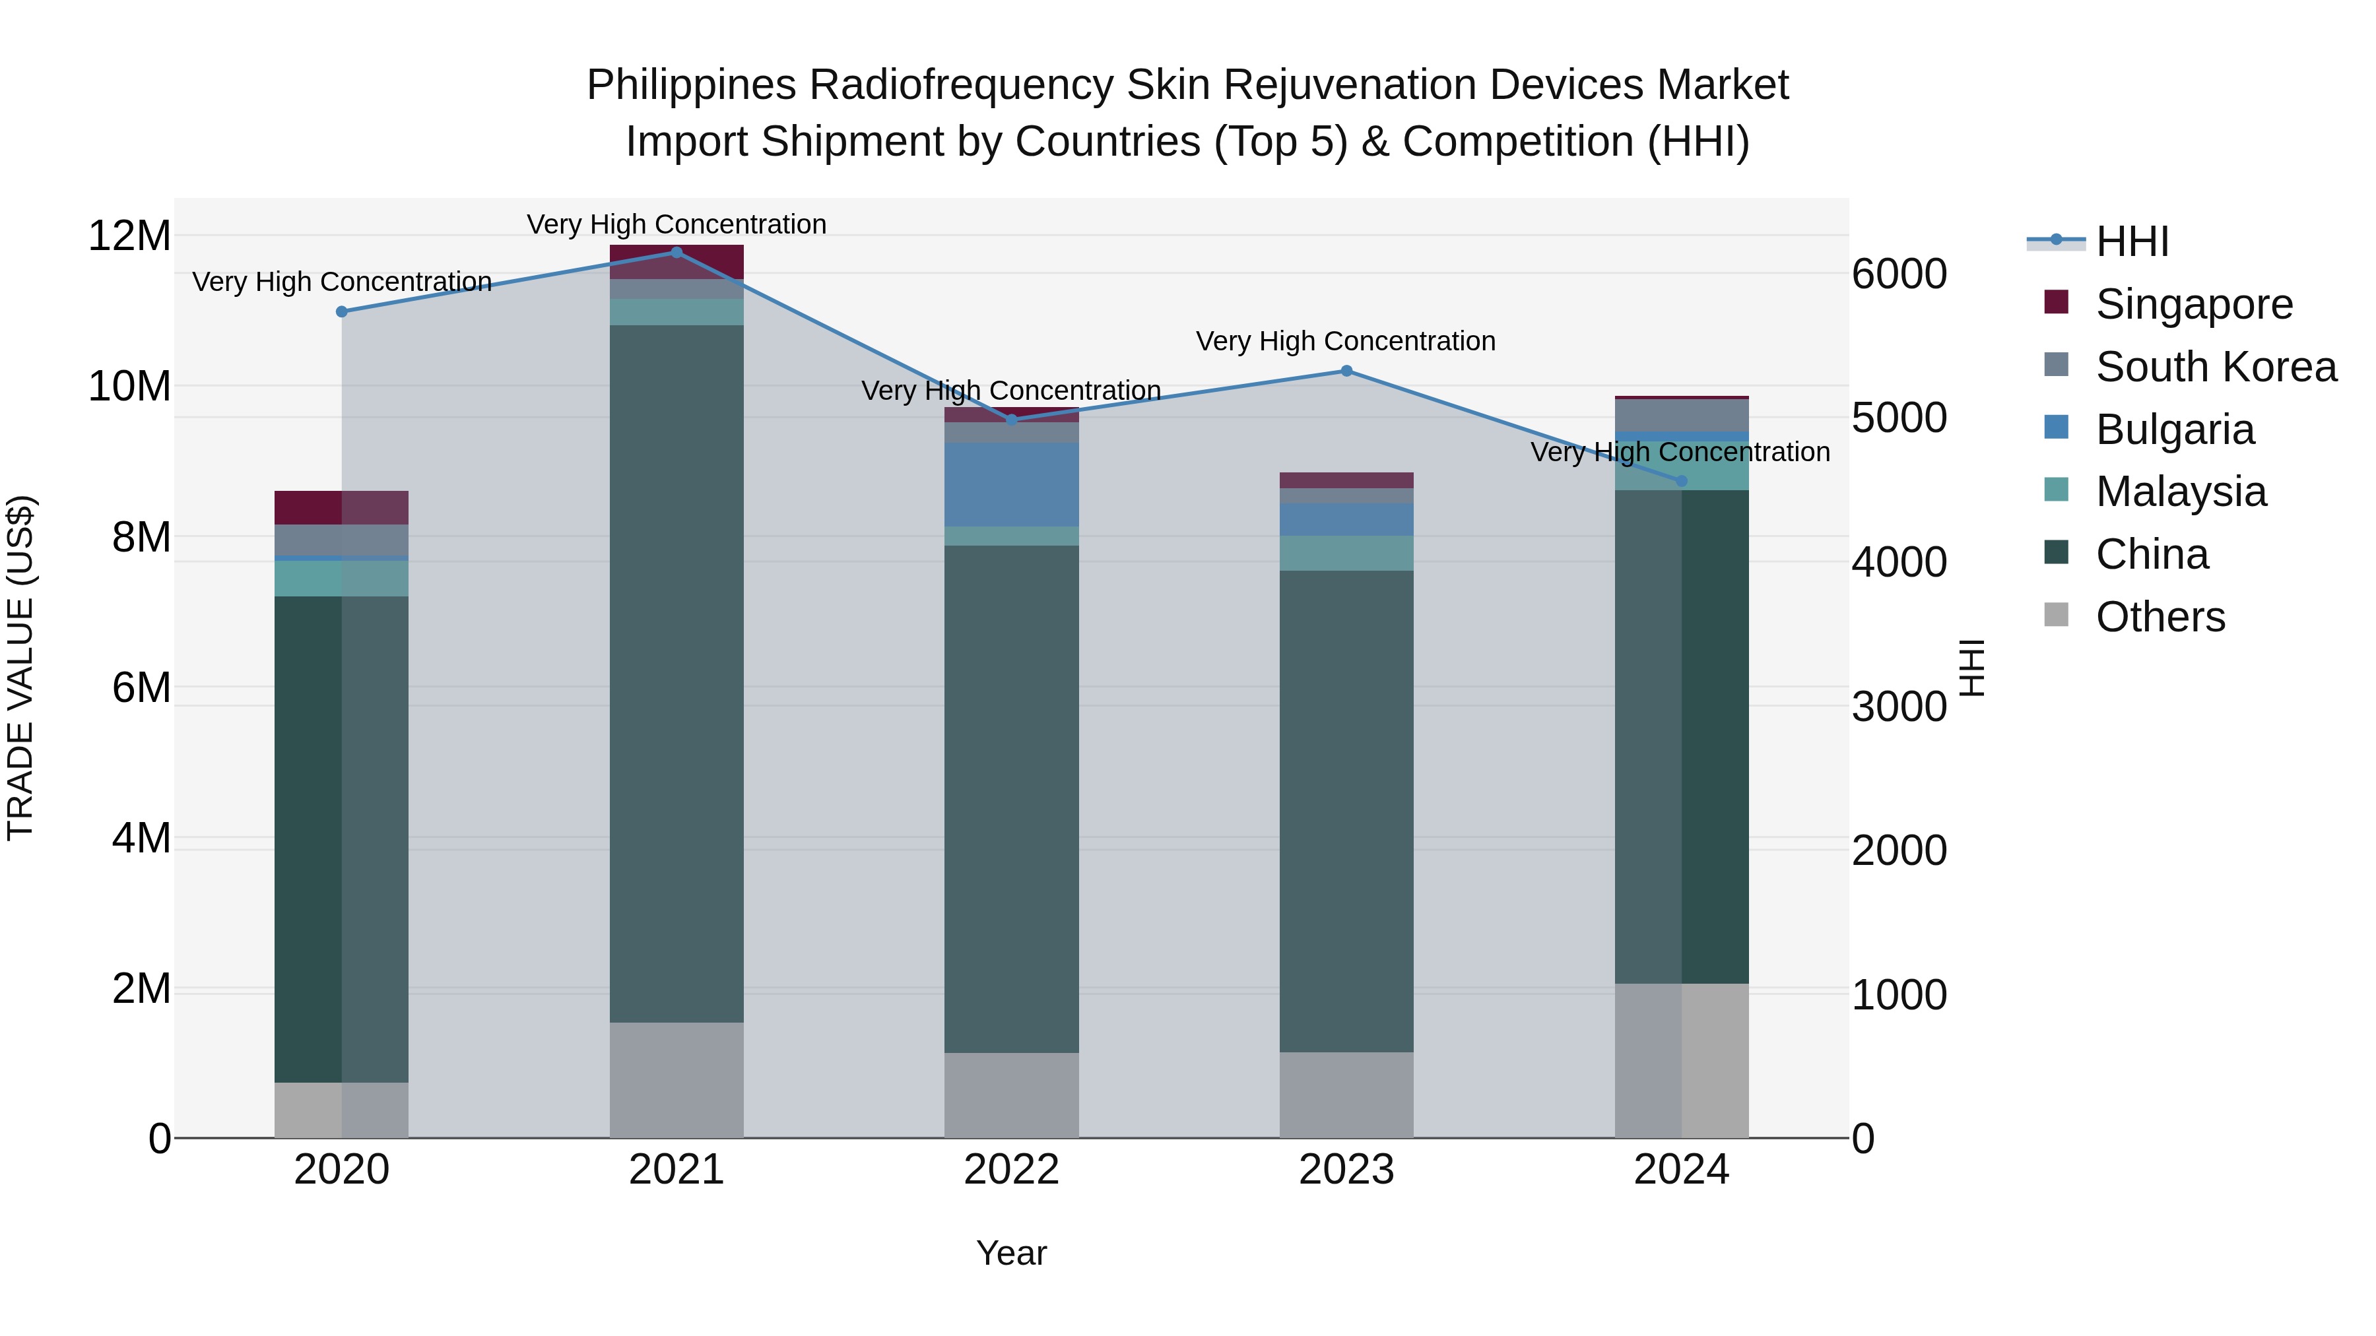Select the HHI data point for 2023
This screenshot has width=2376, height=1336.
[x=1346, y=371]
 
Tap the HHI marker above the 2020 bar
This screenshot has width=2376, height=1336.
[x=341, y=311]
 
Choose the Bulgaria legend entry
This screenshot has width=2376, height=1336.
[x=2174, y=429]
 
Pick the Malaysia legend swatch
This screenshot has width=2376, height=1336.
[x=2056, y=490]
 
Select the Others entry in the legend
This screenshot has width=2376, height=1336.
[x=2160, y=617]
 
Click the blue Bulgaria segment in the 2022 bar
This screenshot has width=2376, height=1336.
[x=1011, y=484]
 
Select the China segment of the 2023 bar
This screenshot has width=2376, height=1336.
[x=1346, y=811]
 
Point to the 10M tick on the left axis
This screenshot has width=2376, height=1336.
[x=129, y=387]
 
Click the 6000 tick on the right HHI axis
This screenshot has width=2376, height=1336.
[x=1899, y=274]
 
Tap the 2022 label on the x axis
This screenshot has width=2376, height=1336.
[x=1011, y=1170]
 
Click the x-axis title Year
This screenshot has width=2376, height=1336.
[x=1011, y=1253]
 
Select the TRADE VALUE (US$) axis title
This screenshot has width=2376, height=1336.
[x=20, y=668]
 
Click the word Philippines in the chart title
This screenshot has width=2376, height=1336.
[x=691, y=85]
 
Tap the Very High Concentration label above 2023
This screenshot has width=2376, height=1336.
[x=1346, y=341]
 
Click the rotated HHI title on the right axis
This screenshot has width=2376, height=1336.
[x=1971, y=668]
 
